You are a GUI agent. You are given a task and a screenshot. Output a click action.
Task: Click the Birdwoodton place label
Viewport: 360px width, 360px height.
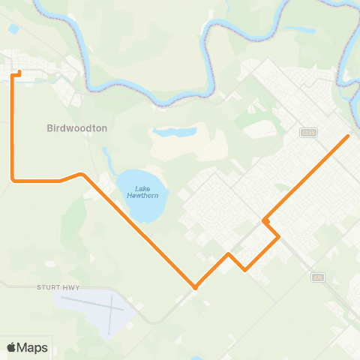[x=77, y=128]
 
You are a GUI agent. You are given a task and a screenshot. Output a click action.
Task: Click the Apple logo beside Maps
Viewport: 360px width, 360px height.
[x=12, y=347]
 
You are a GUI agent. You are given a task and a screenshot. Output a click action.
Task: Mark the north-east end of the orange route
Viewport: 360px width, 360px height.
[x=349, y=136]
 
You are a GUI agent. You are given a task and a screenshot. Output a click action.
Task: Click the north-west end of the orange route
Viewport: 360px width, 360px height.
[x=18, y=73]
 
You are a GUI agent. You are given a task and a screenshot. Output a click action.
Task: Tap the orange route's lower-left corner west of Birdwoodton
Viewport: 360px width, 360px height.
[x=13, y=180]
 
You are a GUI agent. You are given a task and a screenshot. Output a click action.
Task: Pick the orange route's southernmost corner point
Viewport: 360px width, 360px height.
[x=195, y=287]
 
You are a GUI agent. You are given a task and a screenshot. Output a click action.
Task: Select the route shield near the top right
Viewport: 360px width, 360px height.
[x=307, y=132]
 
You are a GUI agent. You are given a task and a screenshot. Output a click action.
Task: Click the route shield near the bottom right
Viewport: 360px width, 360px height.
[x=319, y=277]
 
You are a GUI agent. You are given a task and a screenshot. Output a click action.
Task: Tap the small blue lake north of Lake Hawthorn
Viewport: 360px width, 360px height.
[x=174, y=133]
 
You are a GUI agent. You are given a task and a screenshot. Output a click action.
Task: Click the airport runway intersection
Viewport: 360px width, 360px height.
[x=111, y=309]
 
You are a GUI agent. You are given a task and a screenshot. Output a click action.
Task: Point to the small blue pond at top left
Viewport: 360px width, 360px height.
[x=14, y=28]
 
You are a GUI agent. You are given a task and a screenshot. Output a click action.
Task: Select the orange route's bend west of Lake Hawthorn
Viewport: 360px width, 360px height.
[x=81, y=175]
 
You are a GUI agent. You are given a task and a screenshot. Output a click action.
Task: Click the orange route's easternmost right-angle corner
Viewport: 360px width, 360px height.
[x=279, y=237]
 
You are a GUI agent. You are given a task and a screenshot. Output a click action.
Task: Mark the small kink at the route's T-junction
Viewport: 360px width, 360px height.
[x=265, y=220]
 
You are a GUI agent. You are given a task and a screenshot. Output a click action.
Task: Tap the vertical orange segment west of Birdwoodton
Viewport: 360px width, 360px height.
[x=13, y=127]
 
